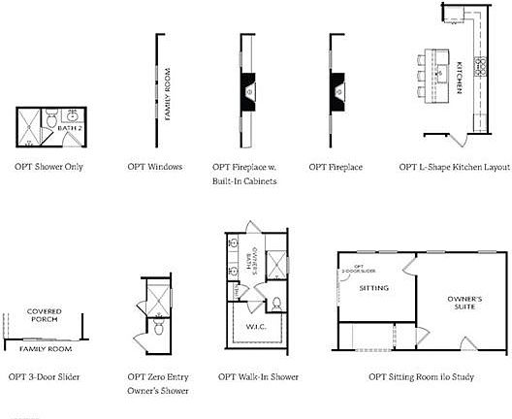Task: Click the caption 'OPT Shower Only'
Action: tap(48, 167)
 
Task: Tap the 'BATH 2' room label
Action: tap(68, 127)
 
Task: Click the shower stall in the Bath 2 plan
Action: tap(30, 123)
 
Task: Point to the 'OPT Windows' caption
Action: tap(155, 167)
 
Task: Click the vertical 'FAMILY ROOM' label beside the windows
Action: tap(167, 93)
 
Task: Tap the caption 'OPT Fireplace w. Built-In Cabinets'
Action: tap(245, 174)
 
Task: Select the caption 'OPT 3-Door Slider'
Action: tap(44, 376)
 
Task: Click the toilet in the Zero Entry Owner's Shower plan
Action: tap(157, 328)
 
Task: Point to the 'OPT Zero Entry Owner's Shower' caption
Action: tap(158, 383)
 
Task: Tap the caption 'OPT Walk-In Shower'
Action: tap(258, 376)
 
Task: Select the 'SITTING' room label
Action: tap(373, 289)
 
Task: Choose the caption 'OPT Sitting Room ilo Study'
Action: tap(421, 376)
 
